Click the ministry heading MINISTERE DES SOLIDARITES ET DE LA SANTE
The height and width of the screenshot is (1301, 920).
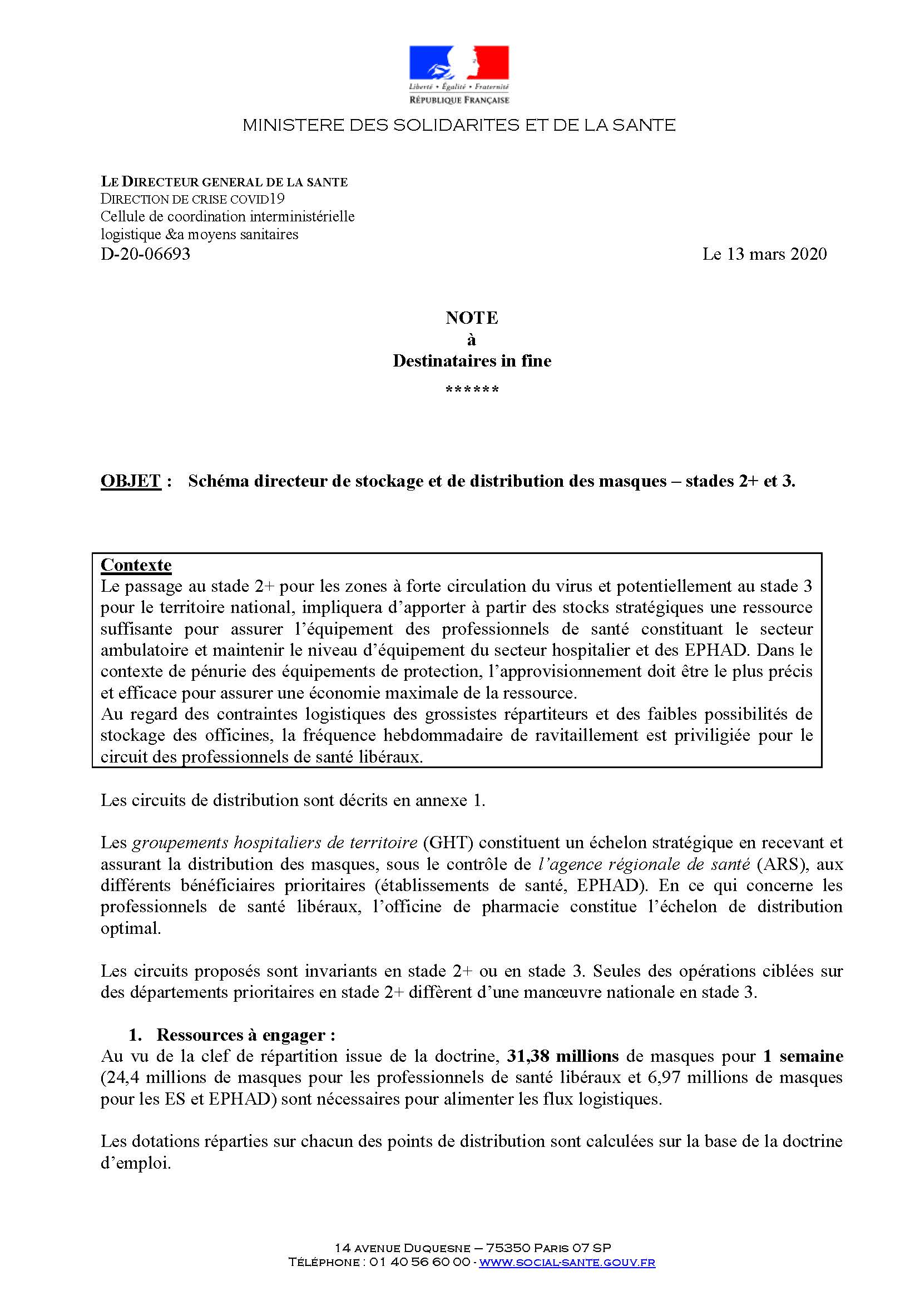tap(459, 125)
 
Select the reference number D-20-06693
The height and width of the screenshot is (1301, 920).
tap(146, 254)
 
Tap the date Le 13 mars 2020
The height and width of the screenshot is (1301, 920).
tap(764, 254)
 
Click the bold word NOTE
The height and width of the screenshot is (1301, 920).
tap(471, 318)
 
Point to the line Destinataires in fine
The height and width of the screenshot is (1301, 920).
tap(471, 361)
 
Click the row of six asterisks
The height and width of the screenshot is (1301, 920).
tap(471, 390)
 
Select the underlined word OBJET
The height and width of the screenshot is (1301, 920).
tap(131, 481)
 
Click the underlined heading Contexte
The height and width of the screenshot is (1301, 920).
tap(136, 565)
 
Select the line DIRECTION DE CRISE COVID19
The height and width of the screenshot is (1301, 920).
tap(192, 199)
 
